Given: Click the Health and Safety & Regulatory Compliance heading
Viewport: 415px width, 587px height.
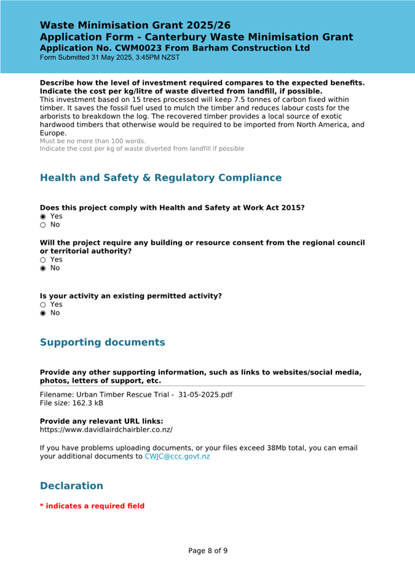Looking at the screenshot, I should tap(160, 178).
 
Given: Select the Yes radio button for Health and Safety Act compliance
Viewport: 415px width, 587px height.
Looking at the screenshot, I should tap(43, 216).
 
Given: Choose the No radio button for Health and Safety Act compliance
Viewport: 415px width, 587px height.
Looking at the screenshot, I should tap(43, 225).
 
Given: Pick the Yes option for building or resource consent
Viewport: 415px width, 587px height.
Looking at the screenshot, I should tap(43, 260).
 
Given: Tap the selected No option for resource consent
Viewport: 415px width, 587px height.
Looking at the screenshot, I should tap(43, 269).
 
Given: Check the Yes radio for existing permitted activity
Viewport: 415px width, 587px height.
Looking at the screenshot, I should tap(43, 305).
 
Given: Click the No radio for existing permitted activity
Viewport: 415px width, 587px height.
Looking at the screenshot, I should tap(43, 313).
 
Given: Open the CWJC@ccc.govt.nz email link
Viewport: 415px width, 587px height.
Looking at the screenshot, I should tap(177, 457).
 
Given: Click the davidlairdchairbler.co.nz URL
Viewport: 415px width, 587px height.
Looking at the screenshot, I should tap(106, 430).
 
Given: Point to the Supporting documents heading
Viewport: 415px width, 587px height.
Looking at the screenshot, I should tap(102, 342).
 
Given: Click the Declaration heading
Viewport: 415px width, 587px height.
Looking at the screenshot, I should tap(71, 486).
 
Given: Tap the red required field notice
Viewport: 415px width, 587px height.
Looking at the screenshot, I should tap(92, 506).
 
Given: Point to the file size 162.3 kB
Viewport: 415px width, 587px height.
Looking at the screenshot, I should tap(73, 403).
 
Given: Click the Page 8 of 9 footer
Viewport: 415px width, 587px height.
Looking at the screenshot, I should tap(208, 551).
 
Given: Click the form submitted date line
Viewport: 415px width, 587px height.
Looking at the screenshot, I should tap(110, 58).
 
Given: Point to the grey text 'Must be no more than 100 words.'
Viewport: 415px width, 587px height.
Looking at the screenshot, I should tap(93, 141).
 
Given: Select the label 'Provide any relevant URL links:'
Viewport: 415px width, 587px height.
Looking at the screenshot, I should tap(101, 421).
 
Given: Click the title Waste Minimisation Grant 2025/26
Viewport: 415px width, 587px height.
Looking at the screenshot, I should tap(135, 26).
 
